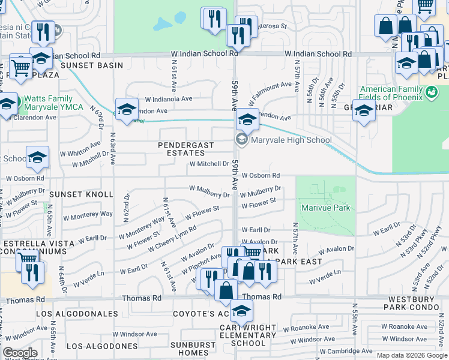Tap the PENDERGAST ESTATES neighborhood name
click(x=185, y=149)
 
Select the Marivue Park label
click(x=325, y=208)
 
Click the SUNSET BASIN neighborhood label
click(x=91, y=65)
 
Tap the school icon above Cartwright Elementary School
click(x=242, y=311)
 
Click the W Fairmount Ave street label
click(x=272, y=91)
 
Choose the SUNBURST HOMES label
click(x=188, y=349)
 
